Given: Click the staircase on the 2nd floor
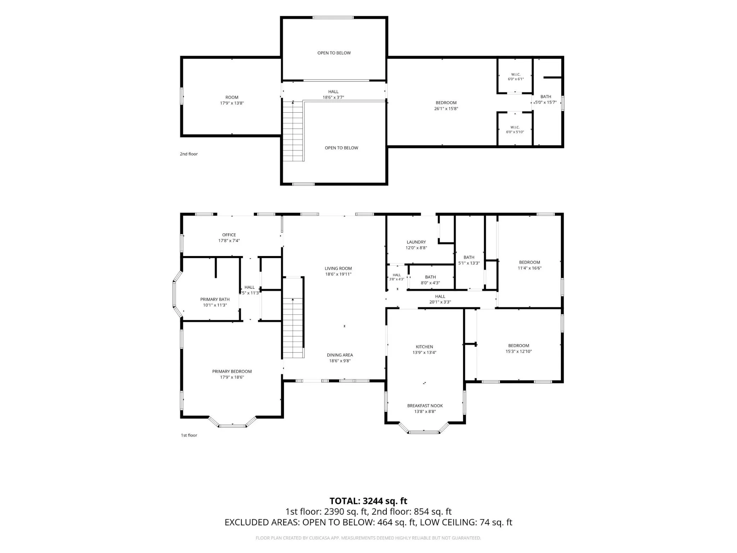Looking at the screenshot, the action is (x=293, y=131).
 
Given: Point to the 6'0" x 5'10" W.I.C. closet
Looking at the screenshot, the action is (x=515, y=130).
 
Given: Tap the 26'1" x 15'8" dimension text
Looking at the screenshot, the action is (x=446, y=108).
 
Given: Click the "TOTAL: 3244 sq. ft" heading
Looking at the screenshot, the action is (x=368, y=501).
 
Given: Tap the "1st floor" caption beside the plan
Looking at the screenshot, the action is (x=189, y=435).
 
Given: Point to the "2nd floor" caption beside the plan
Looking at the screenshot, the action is (x=189, y=154).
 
